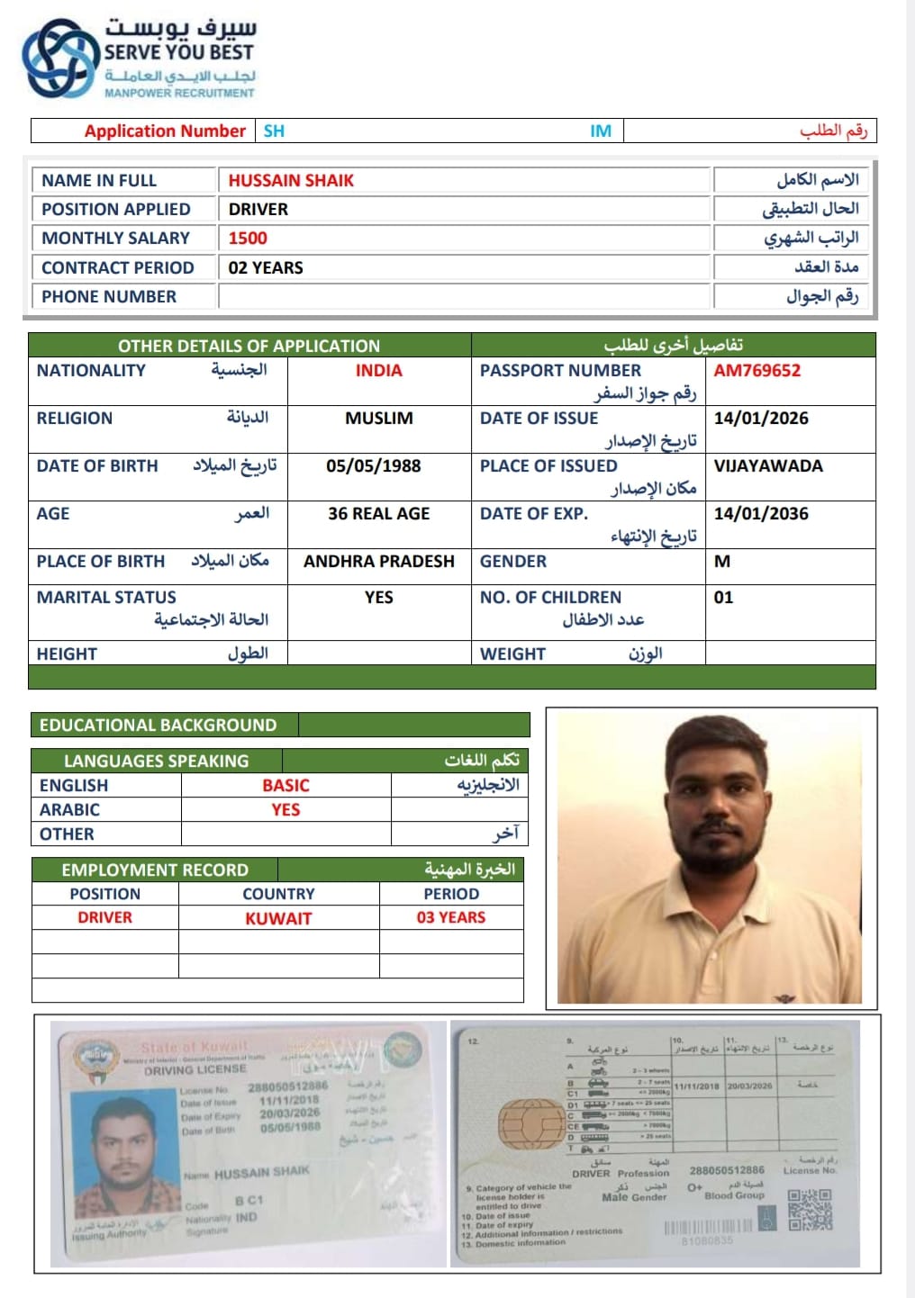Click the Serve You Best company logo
coord(59,58)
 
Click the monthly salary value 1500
coord(248,239)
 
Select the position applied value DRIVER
coord(258,210)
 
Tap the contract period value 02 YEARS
coord(266,268)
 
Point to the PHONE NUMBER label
coord(109,297)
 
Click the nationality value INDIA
coord(378,371)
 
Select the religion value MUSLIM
coord(378,419)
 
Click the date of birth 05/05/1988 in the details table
coord(373,466)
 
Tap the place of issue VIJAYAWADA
coord(768,466)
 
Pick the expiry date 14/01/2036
coord(761,514)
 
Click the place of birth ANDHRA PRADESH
coord(378,562)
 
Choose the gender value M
coord(722,562)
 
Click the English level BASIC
coord(285,786)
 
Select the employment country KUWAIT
coord(278,919)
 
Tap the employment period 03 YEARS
coord(450,918)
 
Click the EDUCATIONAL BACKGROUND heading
coord(159,726)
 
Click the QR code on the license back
coord(810,1210)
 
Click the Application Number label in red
coord(165,131)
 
